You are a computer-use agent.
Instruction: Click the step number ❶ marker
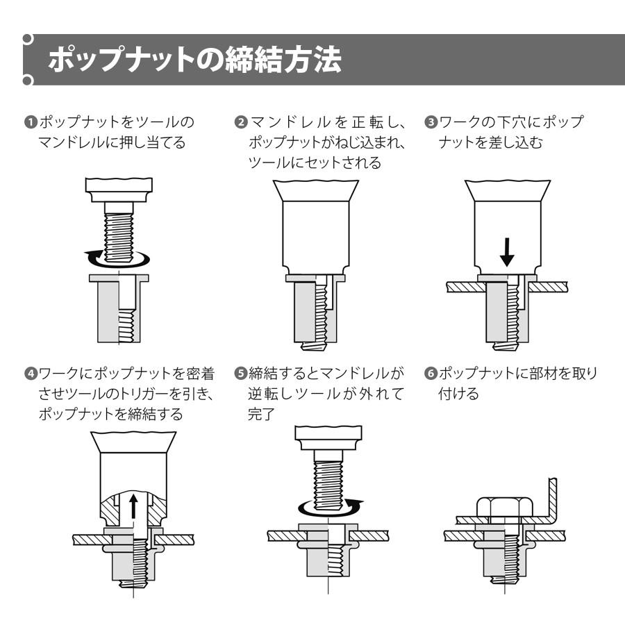30,122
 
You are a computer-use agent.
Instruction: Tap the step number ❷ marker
240,122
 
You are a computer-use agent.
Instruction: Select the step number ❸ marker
429,122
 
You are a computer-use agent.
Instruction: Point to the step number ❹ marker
30,374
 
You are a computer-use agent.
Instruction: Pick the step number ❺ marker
240,374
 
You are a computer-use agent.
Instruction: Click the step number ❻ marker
429,374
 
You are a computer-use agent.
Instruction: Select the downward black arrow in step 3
507,253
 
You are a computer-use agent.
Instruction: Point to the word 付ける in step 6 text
458,394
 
